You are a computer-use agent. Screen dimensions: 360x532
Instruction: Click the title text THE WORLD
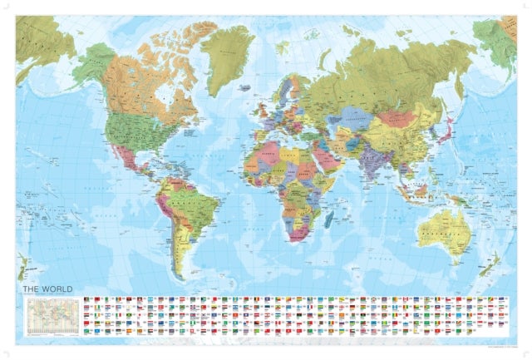[x=47, y=289]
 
